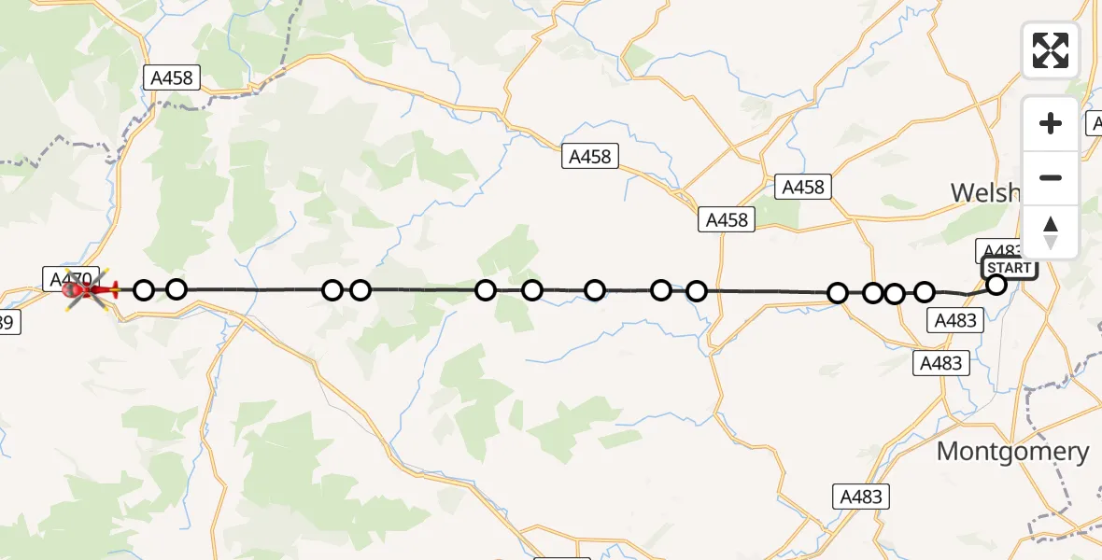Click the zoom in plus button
click(1051, 123)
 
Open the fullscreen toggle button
click(1051, 50)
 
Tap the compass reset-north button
click(1051, 232)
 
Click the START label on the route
click(1010, 268)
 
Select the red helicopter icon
click(89, 290)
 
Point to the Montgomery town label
click(1012, 452)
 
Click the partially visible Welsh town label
click(984, 192)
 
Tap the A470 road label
click(69, 277)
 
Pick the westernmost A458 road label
click(172, 78)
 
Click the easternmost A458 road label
click(802, 188)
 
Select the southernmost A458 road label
click(728, 220)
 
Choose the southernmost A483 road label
click(861, 497)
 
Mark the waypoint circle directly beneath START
click(996, 285)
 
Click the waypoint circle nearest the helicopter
click(144, 290)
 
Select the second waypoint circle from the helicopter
click(177, 289)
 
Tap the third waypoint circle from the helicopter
click(332, 290)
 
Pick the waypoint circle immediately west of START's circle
click(925, 292)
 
